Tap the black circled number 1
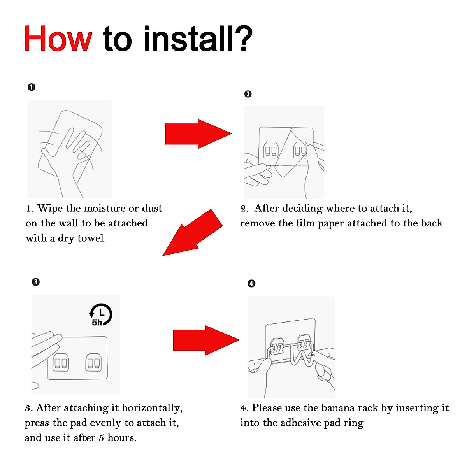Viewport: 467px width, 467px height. pos(32,87)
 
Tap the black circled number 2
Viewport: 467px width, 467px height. pos(248,94)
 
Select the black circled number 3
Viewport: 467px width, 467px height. pos(36,282)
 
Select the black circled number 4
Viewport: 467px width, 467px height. pos(251,284)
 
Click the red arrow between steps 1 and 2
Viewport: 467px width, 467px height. pos(198,134)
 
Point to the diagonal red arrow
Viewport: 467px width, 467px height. pos(193,232)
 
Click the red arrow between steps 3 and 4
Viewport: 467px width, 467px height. pos(206,340)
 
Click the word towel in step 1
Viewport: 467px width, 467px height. pos(92,238)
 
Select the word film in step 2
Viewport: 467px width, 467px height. pos(305,223)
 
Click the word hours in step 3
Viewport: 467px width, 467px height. pos(122,438)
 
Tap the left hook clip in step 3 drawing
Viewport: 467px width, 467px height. pos(61,363)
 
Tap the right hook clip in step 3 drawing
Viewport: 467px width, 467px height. pos(93,363)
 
